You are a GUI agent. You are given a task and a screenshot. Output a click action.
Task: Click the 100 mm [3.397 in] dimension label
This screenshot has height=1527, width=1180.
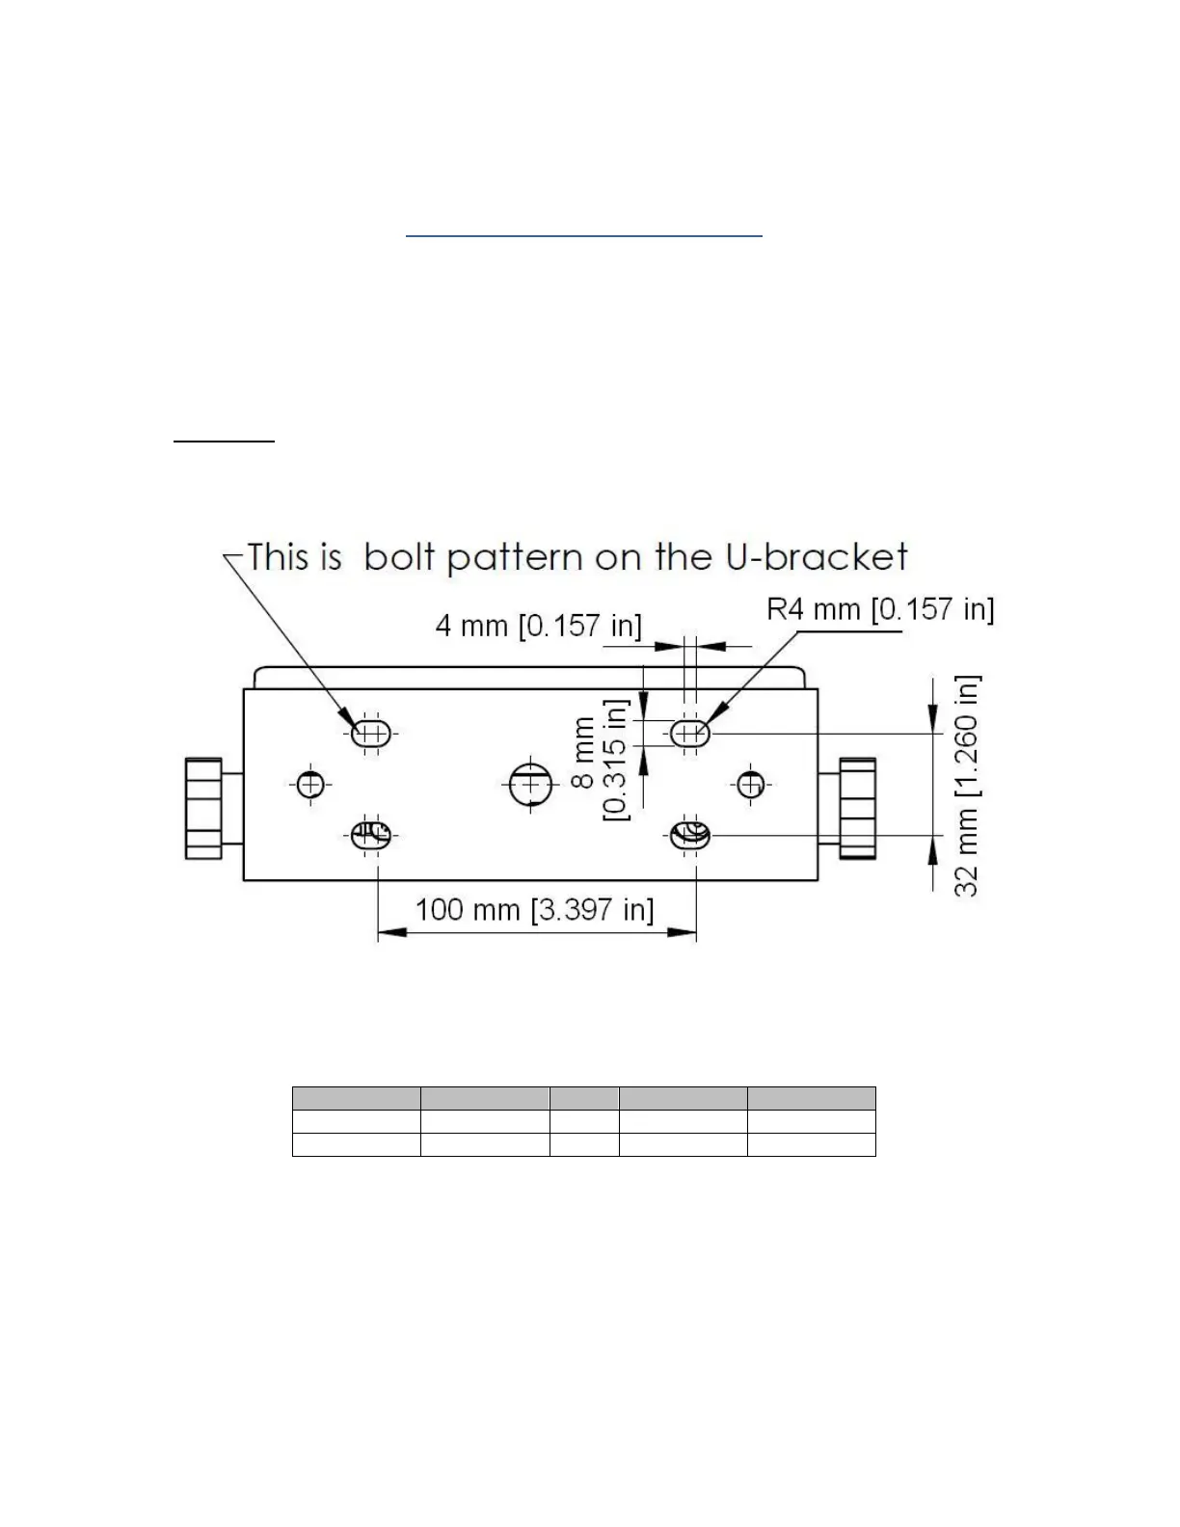[534, 909]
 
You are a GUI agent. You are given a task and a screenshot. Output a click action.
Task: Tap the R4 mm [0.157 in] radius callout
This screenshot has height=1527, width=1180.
[879, 609]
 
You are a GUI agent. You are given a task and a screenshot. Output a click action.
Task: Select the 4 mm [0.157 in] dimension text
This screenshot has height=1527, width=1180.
[538, 626]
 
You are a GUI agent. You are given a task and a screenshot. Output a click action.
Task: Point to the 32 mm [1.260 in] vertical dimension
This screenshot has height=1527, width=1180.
[966, 785]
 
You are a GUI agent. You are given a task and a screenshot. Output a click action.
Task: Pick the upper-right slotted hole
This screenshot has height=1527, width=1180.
[689, 734]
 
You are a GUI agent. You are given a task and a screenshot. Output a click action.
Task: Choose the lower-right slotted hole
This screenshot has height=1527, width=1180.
[690, 836]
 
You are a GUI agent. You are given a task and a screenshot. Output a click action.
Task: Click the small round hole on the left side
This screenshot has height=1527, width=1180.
[309, 785]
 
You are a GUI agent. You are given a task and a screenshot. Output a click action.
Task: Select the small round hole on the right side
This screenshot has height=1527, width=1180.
[752, 784]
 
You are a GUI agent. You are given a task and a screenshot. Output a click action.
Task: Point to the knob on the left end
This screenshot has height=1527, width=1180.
[203, 808]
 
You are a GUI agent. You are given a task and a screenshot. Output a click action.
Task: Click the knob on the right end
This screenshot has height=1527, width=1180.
[857, 808]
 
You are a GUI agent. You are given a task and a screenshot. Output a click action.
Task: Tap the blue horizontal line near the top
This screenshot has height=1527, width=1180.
[583, 234]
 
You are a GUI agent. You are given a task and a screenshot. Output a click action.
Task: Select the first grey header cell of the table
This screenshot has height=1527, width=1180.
[356, 1097]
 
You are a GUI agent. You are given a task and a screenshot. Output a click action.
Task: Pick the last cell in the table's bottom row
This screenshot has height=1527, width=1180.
[811, 1144]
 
